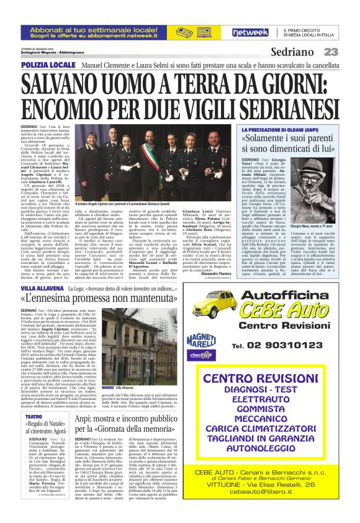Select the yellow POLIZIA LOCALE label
click(x=42, y=65)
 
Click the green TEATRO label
click(x=34, y=416)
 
